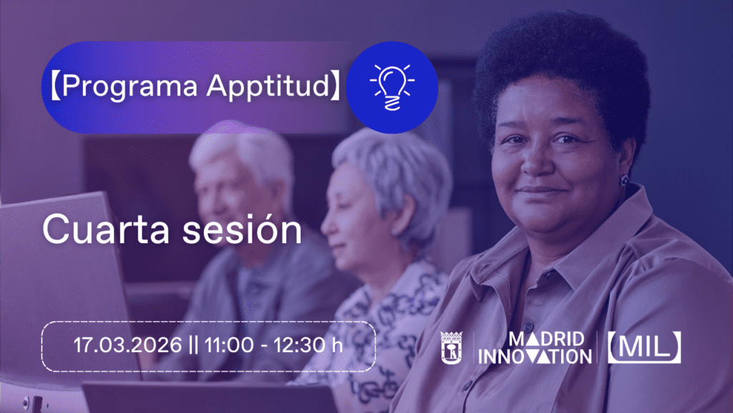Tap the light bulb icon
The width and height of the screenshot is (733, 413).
click(392, 87)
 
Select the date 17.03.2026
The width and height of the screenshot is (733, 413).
click(127, 345)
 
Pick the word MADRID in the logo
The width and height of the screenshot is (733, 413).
click(545, 338)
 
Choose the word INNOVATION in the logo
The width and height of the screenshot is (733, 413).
click(535, 355)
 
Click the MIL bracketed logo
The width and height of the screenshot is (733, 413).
click(644, 347)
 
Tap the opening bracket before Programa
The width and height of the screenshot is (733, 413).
click(54, 87)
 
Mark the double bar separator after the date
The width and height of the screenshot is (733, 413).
click(193, 345)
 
